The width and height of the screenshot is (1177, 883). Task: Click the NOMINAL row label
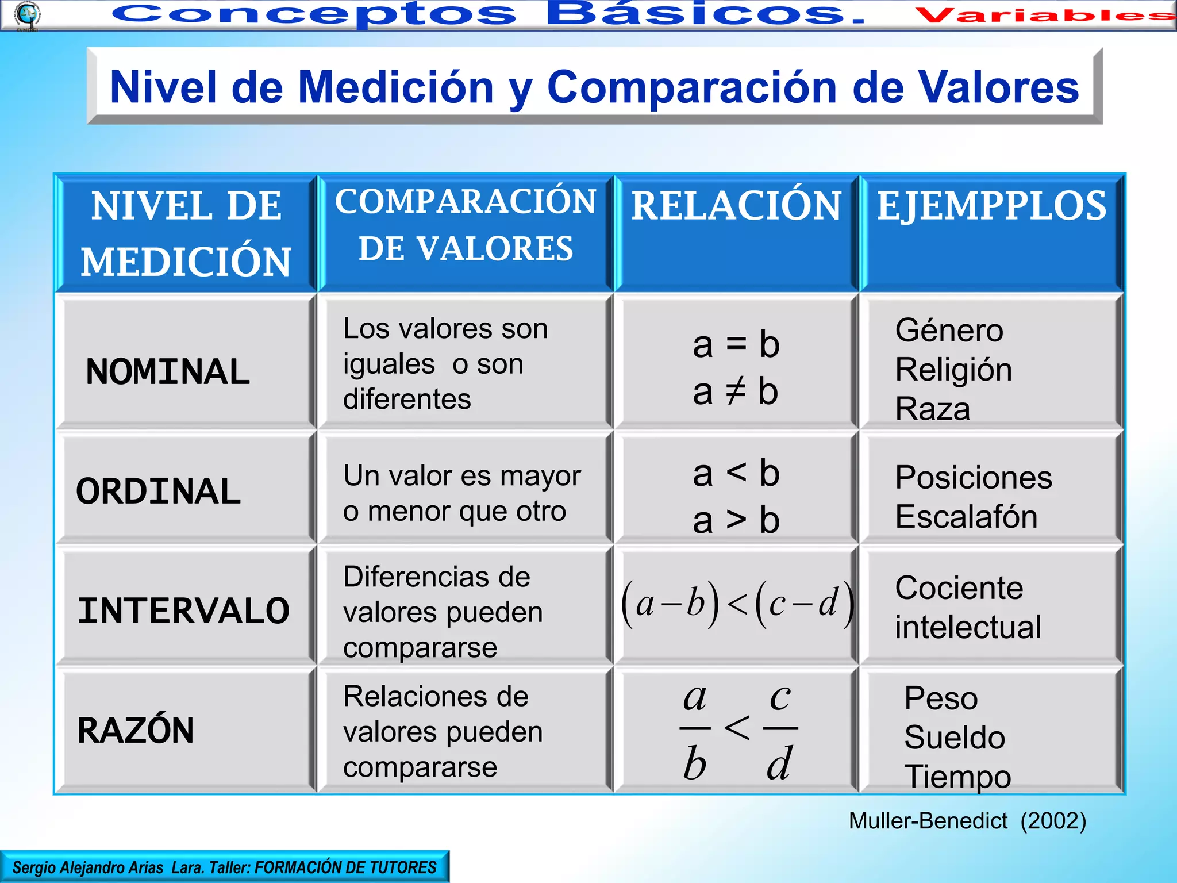coord(168,371)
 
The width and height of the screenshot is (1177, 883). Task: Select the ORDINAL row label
coord(159,492)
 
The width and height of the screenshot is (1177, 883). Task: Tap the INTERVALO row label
coord(183,611)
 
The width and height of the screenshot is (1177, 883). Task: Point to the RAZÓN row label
coord(136,730)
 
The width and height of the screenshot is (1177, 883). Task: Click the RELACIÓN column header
coord(736,206)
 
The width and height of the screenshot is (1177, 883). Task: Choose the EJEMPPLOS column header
coord(991,206)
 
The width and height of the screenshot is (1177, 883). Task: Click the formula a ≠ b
coord(735,391)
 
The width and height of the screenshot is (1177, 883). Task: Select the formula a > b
coord(736,520)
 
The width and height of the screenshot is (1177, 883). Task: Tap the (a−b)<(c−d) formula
coord(737,604)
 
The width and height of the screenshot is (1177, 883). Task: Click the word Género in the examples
coord(949,331)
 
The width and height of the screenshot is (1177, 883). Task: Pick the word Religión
coord(953,370)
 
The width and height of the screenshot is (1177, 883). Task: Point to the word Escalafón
coord(966,516)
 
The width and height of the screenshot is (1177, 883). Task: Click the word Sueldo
coord(954,738)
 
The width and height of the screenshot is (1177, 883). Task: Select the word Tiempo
coord(957,777)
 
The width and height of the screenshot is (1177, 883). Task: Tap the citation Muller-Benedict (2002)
coord(967,821)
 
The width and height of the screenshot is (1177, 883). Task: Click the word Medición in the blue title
coord(396,87)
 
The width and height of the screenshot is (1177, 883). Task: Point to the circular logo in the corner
coord(26,15)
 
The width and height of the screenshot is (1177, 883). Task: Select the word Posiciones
coord(974,477)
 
